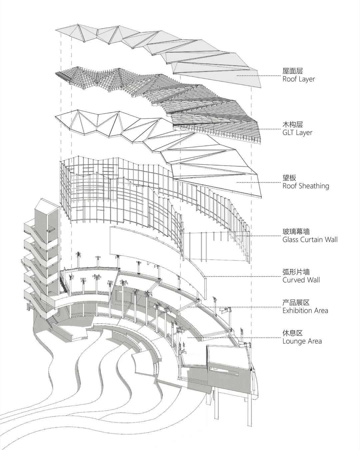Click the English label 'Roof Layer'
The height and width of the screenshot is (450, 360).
click(298, 79)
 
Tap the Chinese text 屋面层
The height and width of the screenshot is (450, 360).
click(292, 71)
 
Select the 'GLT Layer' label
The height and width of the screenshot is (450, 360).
click(297, 133)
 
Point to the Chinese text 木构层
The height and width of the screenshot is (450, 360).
click(292, 125)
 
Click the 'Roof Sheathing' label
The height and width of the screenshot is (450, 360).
click(306, 186)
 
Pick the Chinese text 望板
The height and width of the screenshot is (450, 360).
click(289, 178)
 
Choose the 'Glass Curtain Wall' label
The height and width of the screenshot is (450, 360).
click(310, 239)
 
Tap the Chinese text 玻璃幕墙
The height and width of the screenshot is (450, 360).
click(296, 231)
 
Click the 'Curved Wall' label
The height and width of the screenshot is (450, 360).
click(301, 280)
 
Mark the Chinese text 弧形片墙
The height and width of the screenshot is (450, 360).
click(296, 272)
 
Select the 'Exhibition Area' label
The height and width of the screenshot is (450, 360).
click(305, 311)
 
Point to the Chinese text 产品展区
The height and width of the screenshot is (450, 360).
click(296, 303)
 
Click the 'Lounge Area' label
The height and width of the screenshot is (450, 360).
click(302, 341)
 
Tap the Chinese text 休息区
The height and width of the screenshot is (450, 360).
click(292, 333)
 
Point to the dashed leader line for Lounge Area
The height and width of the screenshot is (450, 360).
click(233, 337)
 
